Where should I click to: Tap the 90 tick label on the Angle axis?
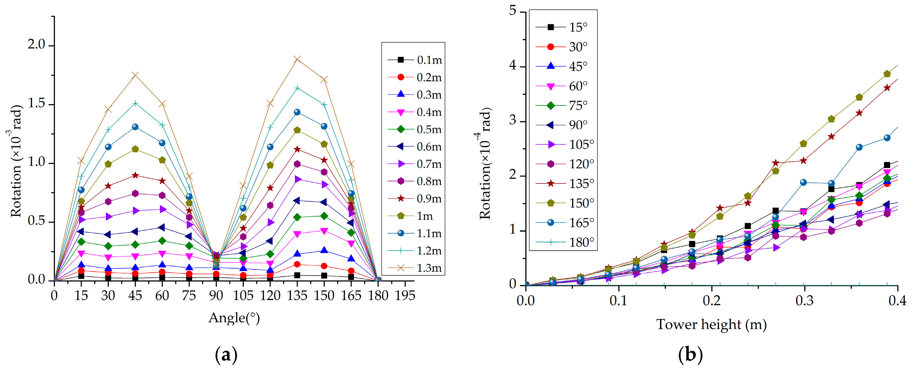[x=216, y=295]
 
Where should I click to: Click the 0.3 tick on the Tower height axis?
[x=804, y=301]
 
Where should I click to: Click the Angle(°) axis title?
[x=234, y=318]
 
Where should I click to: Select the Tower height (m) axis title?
[x=711, y=324]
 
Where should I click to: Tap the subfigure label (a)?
[x=226, y=354]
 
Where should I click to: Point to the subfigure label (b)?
[x=690, y=354]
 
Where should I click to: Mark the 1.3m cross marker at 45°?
[x=135, y=75]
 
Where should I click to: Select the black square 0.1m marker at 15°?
[x=81, y=276]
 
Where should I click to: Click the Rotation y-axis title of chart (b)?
[x=485, y=164]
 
